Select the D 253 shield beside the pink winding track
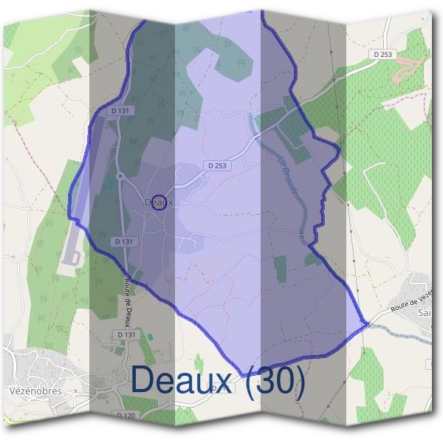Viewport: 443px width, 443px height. click(x=383, y=54)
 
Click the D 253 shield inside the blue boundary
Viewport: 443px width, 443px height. click(x=217, y=166)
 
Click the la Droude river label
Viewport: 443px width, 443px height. click(x=287, y=175)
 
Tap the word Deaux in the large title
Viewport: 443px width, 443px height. click(x=185, y=380)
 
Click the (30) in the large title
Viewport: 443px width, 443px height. click(x=276, y=380)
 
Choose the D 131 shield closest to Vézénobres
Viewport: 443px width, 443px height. click(x=127, y=334)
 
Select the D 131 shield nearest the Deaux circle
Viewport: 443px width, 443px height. click(x=125, y=241)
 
